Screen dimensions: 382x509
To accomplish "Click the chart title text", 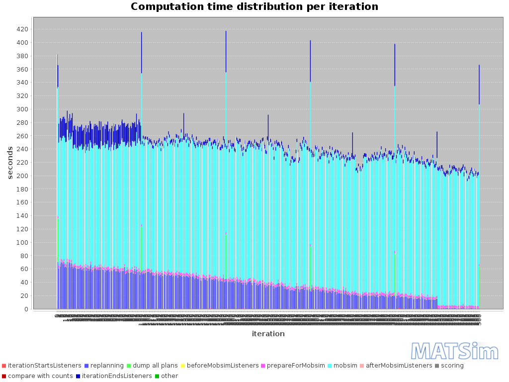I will pos(254,7).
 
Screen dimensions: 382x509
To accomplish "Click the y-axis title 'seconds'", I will pos(10,163).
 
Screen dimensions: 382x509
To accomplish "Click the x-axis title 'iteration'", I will pos(268,334).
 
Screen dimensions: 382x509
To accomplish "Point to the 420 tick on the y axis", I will pos(21,29).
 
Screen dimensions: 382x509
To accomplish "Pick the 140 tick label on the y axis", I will pos(21,216).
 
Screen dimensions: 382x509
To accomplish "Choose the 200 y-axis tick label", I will pos(21,176).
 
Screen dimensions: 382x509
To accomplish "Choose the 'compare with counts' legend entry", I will pos(40,376).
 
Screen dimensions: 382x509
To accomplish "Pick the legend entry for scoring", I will pos(452,366).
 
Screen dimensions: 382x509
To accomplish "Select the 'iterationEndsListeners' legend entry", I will pos(117,376).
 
